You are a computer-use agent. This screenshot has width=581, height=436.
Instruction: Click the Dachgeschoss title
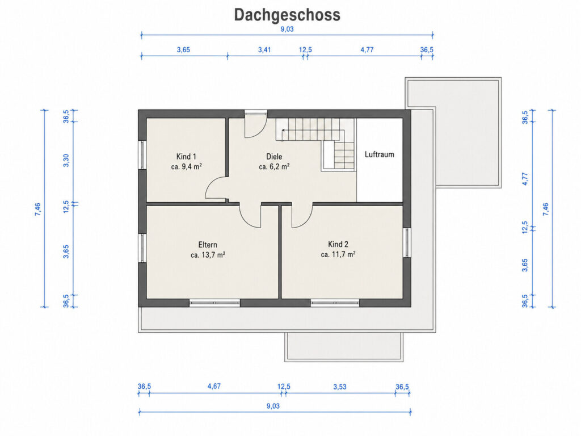tap(287, 15)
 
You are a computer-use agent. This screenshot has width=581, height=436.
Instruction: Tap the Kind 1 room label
tap(186, 157)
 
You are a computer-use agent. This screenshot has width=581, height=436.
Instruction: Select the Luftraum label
tap(380, 154)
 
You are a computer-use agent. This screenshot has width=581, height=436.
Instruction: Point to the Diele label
tap(274, 157)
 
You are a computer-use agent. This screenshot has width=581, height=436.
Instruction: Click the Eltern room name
tap(208, 245)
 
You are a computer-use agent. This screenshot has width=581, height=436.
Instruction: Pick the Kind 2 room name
tap(338, 244)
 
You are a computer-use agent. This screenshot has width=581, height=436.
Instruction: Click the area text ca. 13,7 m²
tap(208, 255)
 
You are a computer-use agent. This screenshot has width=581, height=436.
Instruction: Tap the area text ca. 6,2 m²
tap(274, 167)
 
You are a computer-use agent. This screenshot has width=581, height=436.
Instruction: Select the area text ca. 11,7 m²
tap(338, 254)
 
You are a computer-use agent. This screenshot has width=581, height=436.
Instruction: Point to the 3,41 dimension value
tap(264, 50)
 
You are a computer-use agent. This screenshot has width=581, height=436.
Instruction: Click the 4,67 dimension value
tap(214, 386)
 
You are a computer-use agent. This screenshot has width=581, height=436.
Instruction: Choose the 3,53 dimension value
tap(340, 387)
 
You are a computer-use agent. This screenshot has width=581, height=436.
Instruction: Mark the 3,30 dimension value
tap(66, 161)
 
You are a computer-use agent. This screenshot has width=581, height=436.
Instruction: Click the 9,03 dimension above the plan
tap(287, 30)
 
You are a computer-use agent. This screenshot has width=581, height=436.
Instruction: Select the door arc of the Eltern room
tap(246, 221)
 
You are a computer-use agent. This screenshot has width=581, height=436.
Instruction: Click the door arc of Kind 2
tap(306, 220)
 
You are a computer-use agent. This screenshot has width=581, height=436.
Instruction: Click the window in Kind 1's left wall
tap(142, 154)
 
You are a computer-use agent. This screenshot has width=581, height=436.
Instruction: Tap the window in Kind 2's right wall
tap(407, 242)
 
